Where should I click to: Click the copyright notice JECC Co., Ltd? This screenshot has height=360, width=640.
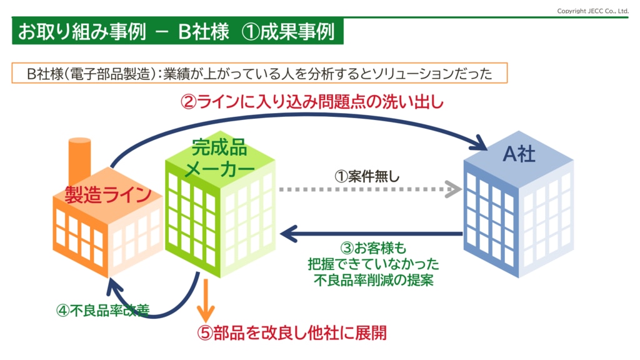coord(592,11)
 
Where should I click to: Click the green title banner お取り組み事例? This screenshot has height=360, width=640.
coord(177,31)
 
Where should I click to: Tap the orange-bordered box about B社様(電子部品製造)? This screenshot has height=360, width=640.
coord(259,73)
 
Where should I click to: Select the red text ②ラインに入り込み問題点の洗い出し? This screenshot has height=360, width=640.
coord(312,102)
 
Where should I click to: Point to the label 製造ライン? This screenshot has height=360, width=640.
coord(108,195)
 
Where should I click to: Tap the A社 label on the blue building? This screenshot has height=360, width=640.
coord(519,154)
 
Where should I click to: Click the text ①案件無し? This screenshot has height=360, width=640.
coord(367,176)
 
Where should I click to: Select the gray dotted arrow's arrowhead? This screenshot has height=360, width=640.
coord(454,189)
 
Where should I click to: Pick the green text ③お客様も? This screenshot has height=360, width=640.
coord(374,247)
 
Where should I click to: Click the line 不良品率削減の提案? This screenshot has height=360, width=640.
coord(374,280)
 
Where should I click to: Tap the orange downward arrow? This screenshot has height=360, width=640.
coord(206,301)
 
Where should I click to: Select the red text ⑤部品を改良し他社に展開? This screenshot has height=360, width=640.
coord(292,333)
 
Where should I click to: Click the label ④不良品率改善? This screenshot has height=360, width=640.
coord(103,311)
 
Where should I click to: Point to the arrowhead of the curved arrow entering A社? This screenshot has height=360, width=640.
coord(478,143)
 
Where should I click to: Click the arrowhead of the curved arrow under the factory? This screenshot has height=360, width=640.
coord(114,286)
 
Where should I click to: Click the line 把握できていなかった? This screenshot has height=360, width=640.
coord(374,264)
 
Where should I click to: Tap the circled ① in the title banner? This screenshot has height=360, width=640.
coord(251,32)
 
